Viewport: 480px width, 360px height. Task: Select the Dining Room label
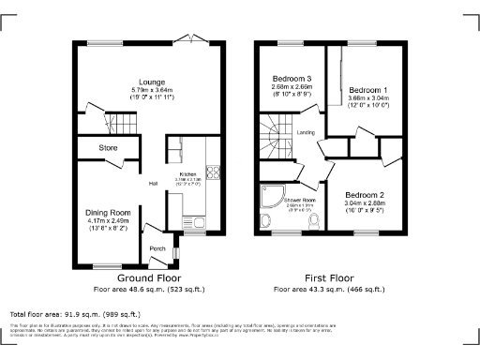coord(107,213)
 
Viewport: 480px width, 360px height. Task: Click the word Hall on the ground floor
coord(152,183)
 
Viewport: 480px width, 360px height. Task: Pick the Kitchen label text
coord(187,175)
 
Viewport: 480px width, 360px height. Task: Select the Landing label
coord(306,133)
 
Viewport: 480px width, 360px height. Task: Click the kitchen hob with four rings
coord(213,172)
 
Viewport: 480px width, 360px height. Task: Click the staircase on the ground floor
coord(120,123)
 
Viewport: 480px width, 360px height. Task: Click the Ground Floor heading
coord(148,278)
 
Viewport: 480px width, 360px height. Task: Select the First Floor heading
coord(329,278)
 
